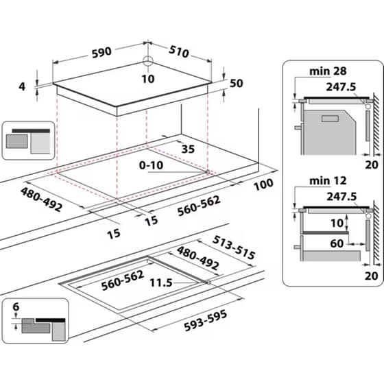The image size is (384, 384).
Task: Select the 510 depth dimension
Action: tap(180, 53)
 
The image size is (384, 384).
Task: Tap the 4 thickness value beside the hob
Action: tap(22, 86)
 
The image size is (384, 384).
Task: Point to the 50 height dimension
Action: tap(237, 84)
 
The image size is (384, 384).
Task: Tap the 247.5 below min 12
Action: tap(342, 197)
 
